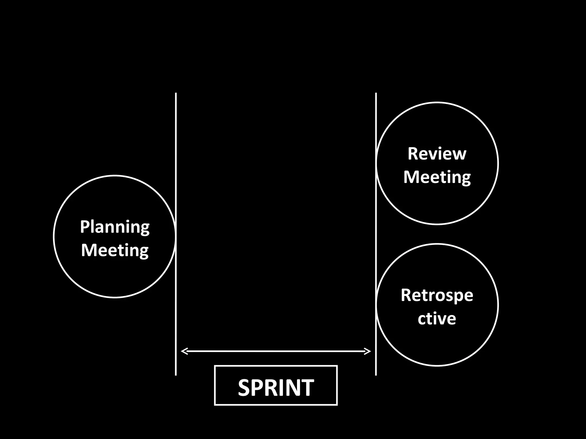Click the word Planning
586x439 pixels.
point(114,227)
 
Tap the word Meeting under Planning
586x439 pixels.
point(114,250)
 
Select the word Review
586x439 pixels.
point(437,154)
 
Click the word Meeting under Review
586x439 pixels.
point(437,177)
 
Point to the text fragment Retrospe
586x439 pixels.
point(437,296)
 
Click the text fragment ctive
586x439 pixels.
point(437,318)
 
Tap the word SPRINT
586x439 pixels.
point(276,388)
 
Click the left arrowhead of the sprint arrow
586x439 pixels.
point(184,351)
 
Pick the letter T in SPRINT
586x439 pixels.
point(307,388)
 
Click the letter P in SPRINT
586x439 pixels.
point(258,388)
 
